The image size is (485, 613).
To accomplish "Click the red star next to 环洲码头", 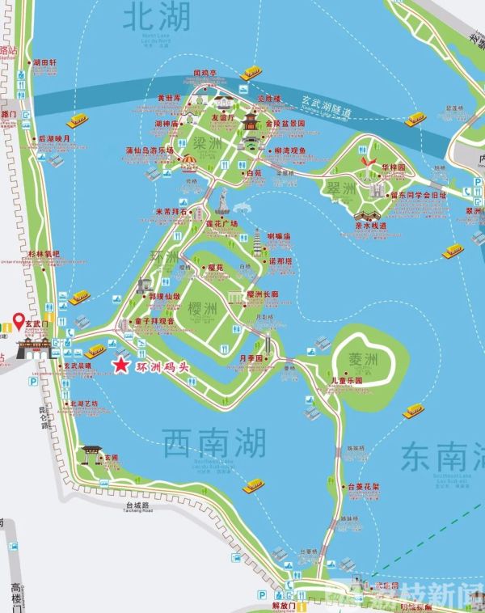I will point(120,366).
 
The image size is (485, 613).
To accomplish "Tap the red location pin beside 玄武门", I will point(18,323).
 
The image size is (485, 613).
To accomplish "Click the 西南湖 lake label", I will point(214,442).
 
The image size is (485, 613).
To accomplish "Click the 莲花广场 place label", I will point(222,223).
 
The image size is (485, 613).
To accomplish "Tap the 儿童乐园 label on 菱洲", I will point(347,380).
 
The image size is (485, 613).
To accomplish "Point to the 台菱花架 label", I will point(362,487).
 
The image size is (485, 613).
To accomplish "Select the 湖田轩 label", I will point(44,61).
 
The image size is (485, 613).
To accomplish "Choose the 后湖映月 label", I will point(54,138).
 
